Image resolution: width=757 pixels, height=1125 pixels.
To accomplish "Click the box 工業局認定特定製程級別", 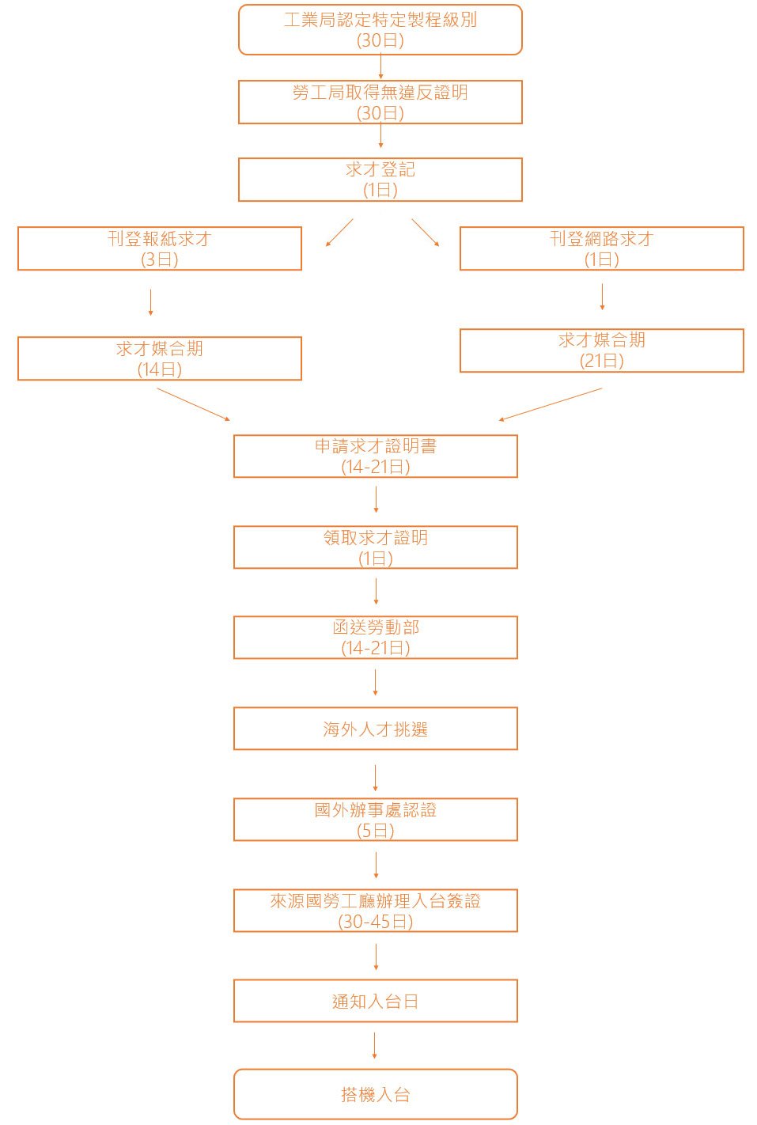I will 380,30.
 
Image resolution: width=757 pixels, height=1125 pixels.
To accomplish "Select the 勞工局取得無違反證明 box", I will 380,102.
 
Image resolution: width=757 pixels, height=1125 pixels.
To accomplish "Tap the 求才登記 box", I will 380,180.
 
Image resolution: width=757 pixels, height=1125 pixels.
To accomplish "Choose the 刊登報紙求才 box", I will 160,248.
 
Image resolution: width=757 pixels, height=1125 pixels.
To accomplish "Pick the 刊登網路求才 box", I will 602,248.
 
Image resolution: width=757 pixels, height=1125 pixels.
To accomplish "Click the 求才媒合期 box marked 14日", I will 160,358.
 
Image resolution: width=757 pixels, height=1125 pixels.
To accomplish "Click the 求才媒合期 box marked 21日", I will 602,350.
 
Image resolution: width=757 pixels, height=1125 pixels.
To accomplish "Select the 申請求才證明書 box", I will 376,456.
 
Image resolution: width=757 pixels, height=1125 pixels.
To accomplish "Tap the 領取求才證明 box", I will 376,547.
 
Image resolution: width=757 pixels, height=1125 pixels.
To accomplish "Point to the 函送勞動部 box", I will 376,638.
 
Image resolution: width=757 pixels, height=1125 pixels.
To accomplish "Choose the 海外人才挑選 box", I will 376,729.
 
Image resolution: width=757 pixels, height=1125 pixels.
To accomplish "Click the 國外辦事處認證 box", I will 376,820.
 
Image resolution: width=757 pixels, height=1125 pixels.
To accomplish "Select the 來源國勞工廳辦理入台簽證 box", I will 376,911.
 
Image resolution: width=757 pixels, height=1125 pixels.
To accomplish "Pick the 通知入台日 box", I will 376,1001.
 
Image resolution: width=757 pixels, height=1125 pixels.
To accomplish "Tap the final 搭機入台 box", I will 376,1094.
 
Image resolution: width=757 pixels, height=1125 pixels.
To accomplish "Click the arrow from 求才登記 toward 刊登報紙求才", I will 339,233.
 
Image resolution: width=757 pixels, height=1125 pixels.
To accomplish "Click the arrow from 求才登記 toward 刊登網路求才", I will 426,233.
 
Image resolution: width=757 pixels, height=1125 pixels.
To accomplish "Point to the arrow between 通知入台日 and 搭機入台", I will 375,1045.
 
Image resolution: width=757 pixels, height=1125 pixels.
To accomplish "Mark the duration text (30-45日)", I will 376,922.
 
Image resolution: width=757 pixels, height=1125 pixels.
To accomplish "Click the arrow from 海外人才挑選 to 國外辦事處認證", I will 376,778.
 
